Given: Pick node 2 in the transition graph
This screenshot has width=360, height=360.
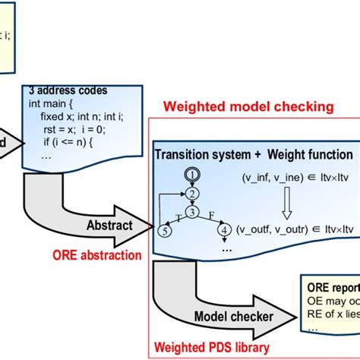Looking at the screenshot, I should click(192, 194).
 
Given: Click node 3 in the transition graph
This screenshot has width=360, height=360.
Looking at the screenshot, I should click(192, 212).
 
